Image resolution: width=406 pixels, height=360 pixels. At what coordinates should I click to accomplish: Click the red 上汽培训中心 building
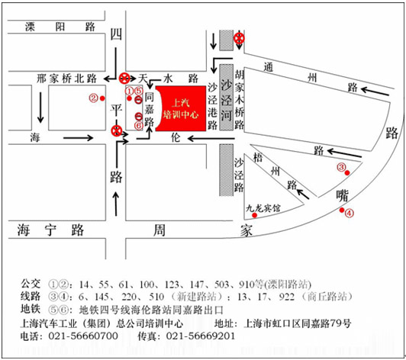[x=182, y=108]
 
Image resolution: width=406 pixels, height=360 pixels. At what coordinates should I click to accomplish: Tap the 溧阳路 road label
[x=60, y=27]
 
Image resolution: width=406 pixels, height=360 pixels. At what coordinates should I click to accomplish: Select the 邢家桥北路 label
[x=67, y=79]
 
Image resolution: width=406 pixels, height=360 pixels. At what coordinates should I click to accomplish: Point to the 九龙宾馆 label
[x=263, y=207]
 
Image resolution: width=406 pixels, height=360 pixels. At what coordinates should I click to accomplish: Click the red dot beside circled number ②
[x=102, y=98]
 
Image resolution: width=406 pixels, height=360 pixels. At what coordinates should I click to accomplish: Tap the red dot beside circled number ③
[x=347, y=172]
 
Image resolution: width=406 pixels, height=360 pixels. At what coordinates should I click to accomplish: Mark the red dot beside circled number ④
[x=342, y=210]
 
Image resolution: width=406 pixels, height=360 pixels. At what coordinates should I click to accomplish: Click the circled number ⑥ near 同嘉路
[x=139, y=126]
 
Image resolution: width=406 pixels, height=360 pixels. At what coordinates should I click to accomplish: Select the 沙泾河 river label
[x=226, y=100]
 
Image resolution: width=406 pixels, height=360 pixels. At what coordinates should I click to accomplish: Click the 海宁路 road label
[x=50, y=230]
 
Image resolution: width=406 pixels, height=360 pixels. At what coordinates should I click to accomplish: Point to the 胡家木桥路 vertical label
[x=240, y=100]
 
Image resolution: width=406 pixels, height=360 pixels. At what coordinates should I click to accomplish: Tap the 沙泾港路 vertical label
[x=212, y=106]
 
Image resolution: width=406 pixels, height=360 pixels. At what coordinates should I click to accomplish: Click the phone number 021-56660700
[x=83, y=336]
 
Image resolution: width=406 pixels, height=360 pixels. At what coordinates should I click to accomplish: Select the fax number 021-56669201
[x=201, y=336]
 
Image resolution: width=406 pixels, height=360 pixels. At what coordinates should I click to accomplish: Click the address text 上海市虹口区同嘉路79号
[x=298, y=323]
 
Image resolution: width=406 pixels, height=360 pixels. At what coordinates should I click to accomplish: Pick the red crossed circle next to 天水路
[x=124, y=78]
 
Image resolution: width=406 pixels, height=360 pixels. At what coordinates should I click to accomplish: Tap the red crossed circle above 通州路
[x=239, y=39]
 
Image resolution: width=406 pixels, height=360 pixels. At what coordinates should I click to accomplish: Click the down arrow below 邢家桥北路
[x=40, y=108]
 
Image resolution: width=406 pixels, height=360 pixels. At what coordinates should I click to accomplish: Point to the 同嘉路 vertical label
[x=149, y=110]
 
